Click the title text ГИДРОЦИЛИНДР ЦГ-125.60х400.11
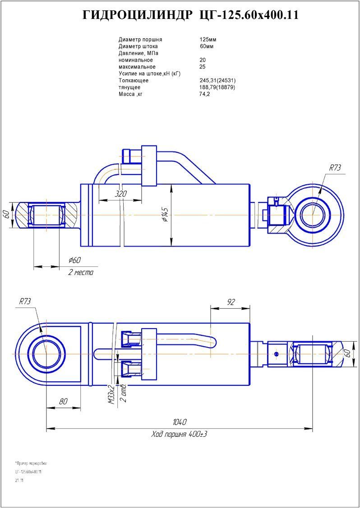tap(190, 15)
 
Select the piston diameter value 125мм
tap(208, 40)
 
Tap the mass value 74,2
tap(204, 94)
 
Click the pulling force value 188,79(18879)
tap(217, 87)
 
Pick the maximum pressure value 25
tap(202, 67)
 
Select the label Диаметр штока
tap(138, 46)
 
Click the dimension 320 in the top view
tap(120, 194)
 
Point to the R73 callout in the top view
tap(335, 168)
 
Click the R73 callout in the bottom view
tap(25, 302)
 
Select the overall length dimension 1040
tap(180, 422)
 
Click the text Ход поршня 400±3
tap(179, 435)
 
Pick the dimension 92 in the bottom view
tap(231, 302)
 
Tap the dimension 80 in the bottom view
tap(63, 401)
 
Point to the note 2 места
tap(81, 273)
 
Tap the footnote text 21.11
tap(19, 481)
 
